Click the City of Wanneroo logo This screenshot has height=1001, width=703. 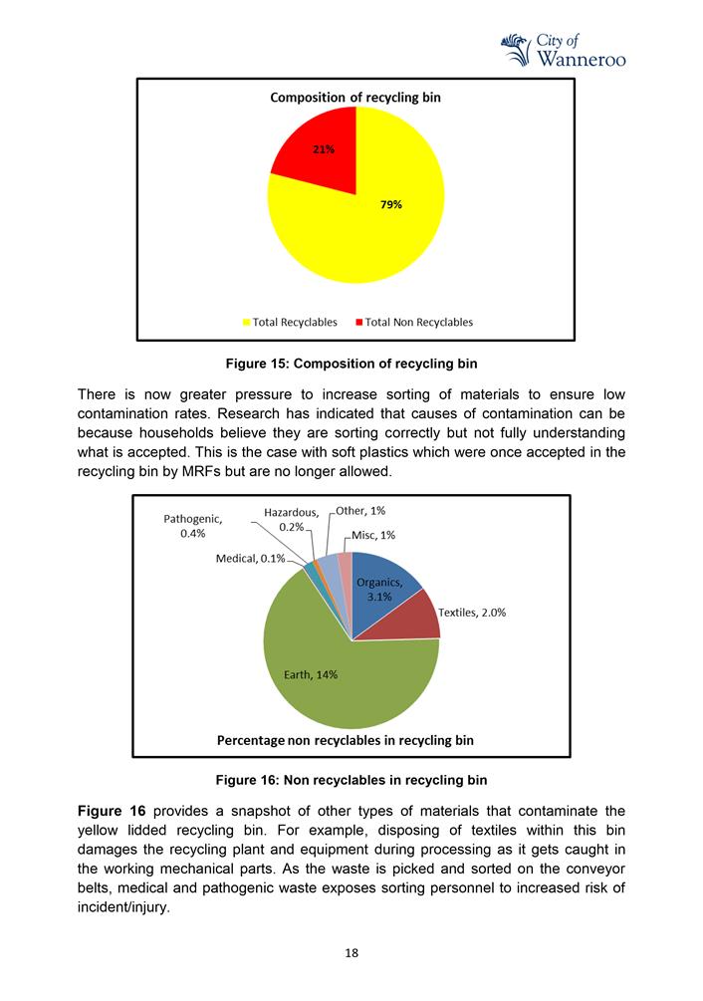coord(563,50)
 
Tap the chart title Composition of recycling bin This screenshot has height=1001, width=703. coord(355,98)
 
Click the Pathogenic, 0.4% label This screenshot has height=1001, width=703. coord(192,527)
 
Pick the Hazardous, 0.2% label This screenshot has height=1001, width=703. coord(291,519)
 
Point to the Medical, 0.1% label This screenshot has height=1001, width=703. coord(250,559)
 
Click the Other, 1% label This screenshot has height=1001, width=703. coord(359,511)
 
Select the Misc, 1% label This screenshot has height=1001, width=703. coord(373,535)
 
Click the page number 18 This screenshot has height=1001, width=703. coord(351,952)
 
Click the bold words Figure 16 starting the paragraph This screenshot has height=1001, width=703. coord(111,812)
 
